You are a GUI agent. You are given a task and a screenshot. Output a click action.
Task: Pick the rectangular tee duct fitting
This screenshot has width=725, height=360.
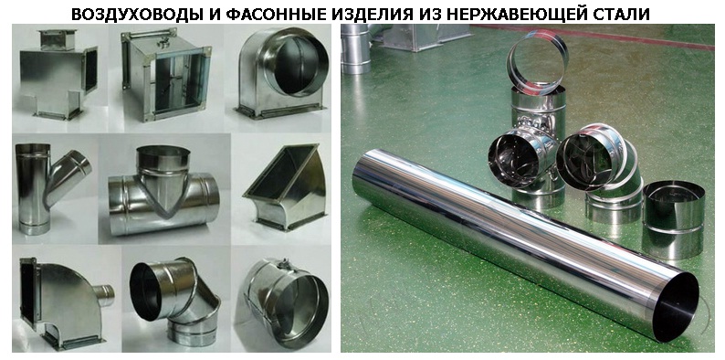pos(57,74)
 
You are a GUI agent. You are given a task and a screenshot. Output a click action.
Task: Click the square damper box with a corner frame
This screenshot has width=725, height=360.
pos(165,74)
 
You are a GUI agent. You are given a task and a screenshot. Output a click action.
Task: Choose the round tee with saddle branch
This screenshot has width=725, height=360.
pos(163,191)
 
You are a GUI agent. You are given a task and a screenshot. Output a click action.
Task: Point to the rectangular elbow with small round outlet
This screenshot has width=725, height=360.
pos(62,303)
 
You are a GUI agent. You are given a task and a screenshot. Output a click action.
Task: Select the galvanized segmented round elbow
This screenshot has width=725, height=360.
pos(175,301)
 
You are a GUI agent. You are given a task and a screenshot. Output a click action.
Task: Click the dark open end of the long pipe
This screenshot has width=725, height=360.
pos(678,307)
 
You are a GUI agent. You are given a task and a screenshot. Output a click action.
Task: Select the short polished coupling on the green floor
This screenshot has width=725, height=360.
pos(674,220)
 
